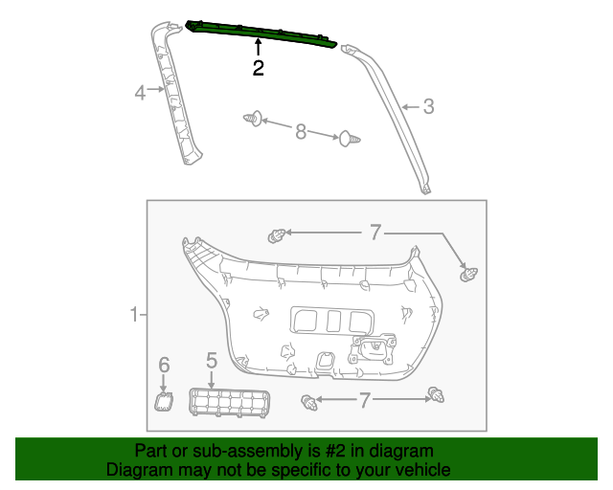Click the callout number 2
[258, 68]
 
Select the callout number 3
[428, 107]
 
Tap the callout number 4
[140, 93]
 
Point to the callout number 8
[300, 131]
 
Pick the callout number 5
[212, 361]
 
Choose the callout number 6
[164, 365]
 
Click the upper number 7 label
[375, 232]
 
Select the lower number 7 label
[364, 399]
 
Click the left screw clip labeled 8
[253, 120]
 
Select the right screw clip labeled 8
[348, 141]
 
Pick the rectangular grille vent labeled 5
[228, 402]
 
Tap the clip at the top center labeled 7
[279, 234]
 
